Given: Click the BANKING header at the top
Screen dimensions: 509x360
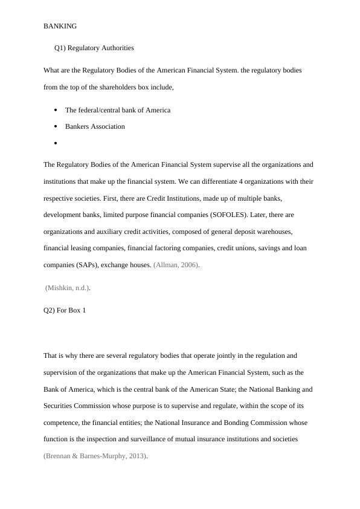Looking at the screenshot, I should (60, 27).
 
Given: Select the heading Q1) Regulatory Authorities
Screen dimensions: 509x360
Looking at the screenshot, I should (94, 48).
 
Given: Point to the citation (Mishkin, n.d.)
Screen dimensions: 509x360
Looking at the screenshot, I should (68, 288).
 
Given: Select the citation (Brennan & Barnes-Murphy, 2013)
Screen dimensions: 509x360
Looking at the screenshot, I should (95, 456).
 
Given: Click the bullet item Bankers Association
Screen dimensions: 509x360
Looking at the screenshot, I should (95, 126).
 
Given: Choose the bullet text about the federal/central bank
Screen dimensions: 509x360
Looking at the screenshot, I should (118, 110).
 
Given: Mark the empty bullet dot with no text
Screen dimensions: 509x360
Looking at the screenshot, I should (56, 143).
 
